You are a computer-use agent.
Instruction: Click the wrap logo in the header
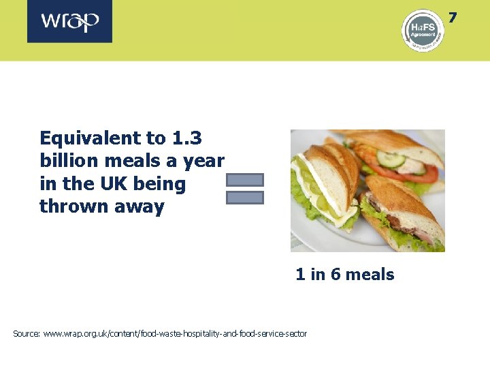tap(70, 21)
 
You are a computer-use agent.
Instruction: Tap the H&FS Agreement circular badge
tap(422, 29)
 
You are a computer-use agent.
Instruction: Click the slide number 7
tap(453, 17)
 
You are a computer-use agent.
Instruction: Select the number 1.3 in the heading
tap(186, 138)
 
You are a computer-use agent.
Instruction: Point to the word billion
tap(65, 161)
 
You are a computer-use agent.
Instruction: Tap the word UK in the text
tap(116, 184)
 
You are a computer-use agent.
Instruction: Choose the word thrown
tap(67, 206)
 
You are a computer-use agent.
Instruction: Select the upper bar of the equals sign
tap(244, 180)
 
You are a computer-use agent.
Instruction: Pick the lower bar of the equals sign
tap(244, 198)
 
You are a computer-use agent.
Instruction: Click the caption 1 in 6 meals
tap(344, 275)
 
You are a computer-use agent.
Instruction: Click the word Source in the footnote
tap(26, 334)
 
